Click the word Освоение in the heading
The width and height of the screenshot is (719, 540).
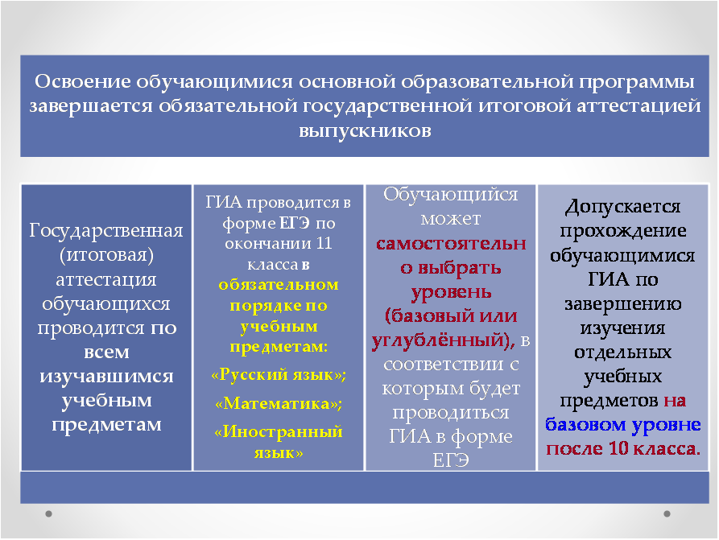[x=83, y=81]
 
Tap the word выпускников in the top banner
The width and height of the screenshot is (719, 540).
[x=365, y=131]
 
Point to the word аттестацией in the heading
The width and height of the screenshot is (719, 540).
[x=638, y=106]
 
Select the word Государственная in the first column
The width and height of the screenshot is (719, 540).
[x=106, y=231]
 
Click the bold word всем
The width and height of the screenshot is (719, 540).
[x=106, y=352]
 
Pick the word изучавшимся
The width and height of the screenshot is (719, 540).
[x=106, y=377]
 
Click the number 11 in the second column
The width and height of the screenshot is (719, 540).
[x=324, y=243]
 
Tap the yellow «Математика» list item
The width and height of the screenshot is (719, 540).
[x=279, y=403]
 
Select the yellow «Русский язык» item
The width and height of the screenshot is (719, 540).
[x=279, y=375]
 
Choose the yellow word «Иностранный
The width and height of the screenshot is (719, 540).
[x=279, y=432]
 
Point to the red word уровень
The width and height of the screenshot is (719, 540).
[x=451, y=292]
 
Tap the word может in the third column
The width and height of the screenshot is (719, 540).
[x=451, y=219]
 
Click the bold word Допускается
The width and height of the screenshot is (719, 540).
[x=622, y=207]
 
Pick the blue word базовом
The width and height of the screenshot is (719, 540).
[x=585, y=424]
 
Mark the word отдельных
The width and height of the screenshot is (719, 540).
[x=622, y=352]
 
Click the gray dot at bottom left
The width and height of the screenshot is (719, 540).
[x=48, y=514]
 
